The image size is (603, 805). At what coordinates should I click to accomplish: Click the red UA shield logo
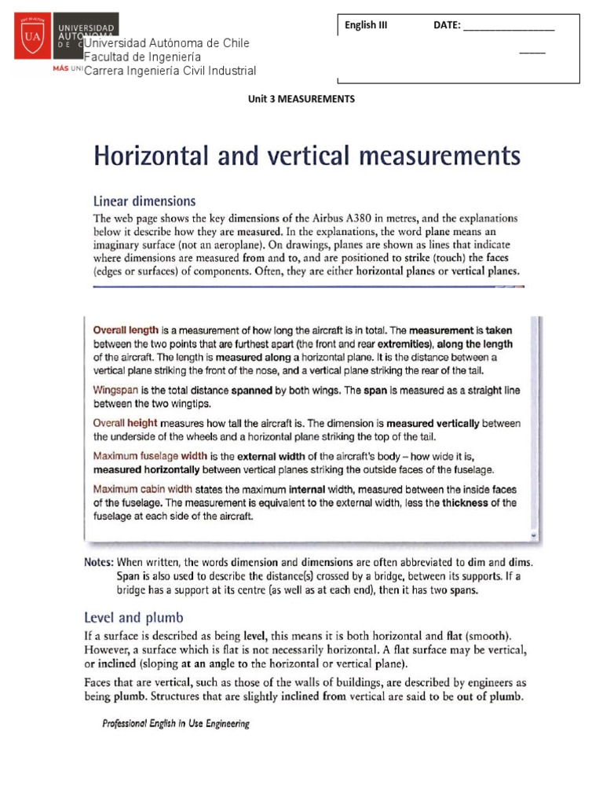pyautogui.click(x=32, y=37)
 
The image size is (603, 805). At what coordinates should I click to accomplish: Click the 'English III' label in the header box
pyautogui.click(x=366, y=25)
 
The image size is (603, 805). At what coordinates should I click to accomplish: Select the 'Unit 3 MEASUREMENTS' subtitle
pyautogui.click(x=301, y=99)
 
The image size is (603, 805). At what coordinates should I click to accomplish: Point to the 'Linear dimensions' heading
pyautogui.click(x=144, y=200)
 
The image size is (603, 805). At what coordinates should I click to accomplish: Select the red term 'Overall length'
pyautogui.click(x=126, y=331)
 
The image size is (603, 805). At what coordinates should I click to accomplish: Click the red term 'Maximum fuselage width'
pyautogui.click(x=150, y=456)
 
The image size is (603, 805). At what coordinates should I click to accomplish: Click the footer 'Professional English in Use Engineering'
pyautogui.click(x=176, y=724)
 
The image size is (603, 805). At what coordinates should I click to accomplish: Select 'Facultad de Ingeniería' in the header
pyautogui.click(x=142, y=57)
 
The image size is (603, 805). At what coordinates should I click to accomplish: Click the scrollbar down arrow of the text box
pyautogui.click(x=534, y=535)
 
